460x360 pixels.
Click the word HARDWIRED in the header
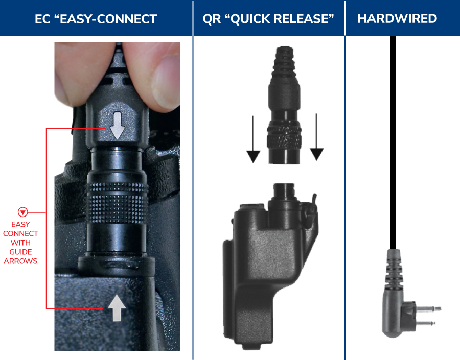tap(397, 18)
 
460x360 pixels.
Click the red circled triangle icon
tap(22, 212)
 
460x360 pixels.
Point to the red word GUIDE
tap(20, 252)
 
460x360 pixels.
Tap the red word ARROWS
tap(20, 261)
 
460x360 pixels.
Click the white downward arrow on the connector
tap(118, 125)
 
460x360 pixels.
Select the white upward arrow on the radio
tap(117, 308)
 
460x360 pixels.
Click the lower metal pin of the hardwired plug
tap(425, 323)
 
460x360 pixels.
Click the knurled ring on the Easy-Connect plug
tap(117, 202)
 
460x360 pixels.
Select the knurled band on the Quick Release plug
tap(284, 138)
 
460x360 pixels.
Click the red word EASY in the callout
tap(20, 224)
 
